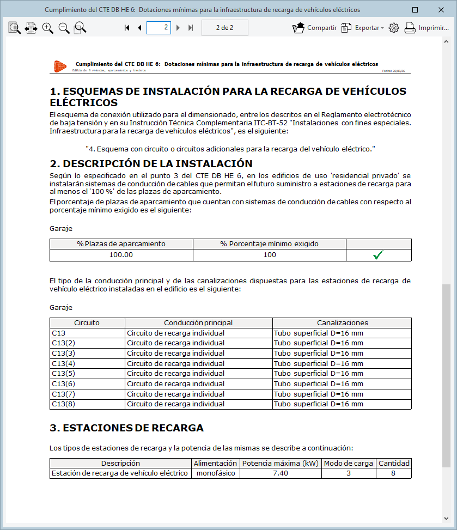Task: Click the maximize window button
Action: (416, 10)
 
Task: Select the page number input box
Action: (159, 28)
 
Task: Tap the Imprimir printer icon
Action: (410, 28)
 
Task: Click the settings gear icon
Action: (394, 28)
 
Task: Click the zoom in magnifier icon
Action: (48, 28)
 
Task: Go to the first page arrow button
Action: (127, 28)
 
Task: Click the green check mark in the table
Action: (379, 255)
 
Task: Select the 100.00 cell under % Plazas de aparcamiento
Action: (121, 255)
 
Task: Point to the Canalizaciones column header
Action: (342, 323)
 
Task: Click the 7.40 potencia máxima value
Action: (280, 473)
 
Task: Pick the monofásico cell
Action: (215, 473)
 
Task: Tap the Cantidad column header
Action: (394, 464)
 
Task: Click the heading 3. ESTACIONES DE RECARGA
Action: (126, 428)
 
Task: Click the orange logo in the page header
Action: (59, 66)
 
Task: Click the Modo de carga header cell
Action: (348, 464)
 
